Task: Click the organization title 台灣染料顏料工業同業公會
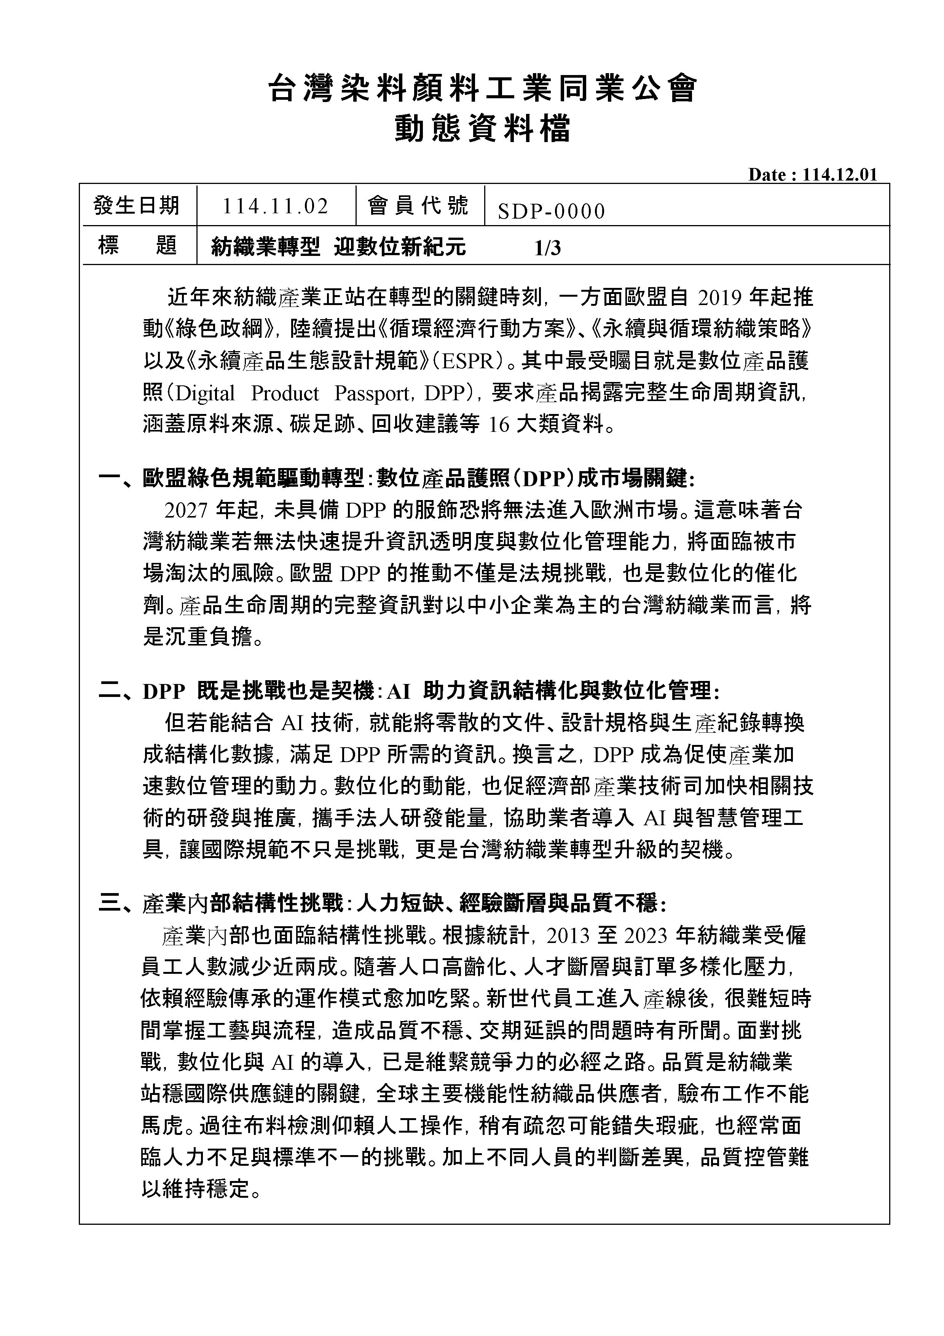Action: pos(482,90)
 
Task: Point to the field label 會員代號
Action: pos(419,205)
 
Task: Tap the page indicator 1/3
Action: pos(547,248)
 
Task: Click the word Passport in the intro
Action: pos(370,394)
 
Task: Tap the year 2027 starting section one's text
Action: pos(186,510)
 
